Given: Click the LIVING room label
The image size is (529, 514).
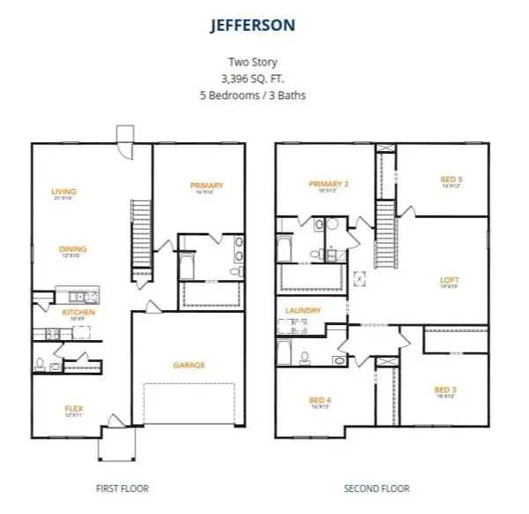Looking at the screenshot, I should click(63, 192).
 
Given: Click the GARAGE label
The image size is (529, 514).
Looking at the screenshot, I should click(189, 364).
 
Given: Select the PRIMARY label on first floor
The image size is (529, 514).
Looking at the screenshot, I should click(206, 185).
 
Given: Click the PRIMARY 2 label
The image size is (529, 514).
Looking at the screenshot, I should click(328, 184).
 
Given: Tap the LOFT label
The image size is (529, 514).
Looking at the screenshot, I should click(450, 281).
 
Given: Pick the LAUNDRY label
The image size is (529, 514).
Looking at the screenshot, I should click(302, 311).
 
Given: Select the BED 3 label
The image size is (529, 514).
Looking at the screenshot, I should click(444, 390).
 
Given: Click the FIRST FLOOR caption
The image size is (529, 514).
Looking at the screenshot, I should click(122, 488).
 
